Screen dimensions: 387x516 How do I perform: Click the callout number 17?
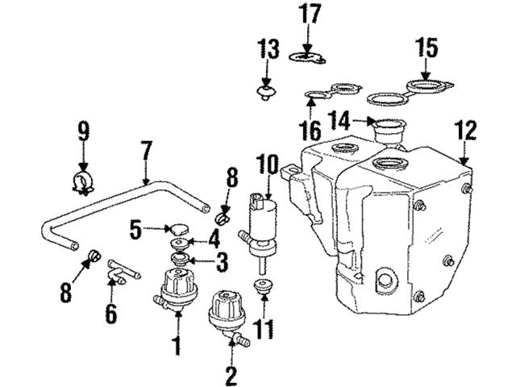(x=309, y=14)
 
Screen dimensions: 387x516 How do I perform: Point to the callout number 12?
(x=465, y=130)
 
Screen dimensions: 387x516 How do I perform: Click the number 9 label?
(x=81, y=131)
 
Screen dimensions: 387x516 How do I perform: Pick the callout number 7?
(x=145, y=150)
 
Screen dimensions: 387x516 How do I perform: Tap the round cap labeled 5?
(x=177, y=228)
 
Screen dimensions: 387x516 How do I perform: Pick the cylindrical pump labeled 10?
(x=264, y=219)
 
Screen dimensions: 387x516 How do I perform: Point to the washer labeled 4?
(x=177, y=243)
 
